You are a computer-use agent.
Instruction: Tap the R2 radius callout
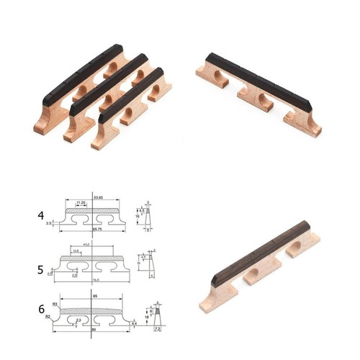[x=48, y=315]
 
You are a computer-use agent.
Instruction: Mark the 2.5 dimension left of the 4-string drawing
[x=49, y=224]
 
